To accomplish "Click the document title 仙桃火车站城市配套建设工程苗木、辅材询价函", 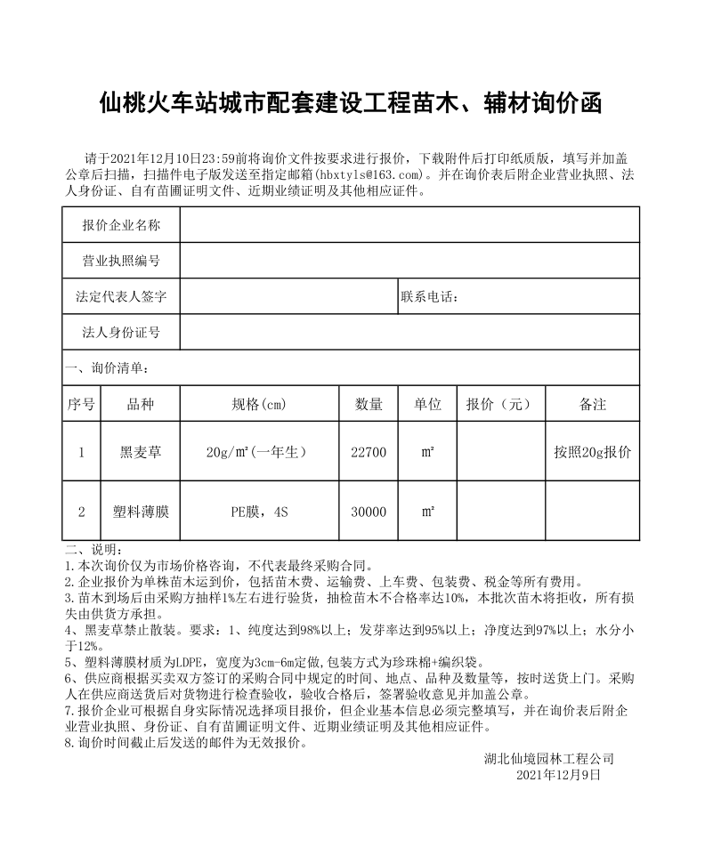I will [352, 104].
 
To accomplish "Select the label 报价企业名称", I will [121, 225].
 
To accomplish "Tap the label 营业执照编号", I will [121, 261].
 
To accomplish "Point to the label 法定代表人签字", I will [121, 296].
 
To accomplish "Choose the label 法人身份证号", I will [121, 332].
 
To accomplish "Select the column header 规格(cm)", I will [259, 404].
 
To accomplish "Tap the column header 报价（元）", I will [498, 404].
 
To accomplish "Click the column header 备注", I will [592, 404].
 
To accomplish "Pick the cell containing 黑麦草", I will [141, 452].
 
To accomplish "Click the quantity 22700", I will [369, 452].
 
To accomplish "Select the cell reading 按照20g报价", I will [592, 452].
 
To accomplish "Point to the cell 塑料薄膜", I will [141, 512].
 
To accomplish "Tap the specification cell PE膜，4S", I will [259, 512].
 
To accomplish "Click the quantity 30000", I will [369, 512].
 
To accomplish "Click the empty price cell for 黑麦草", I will [498, 452].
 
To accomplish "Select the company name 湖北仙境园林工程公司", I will [549, 759].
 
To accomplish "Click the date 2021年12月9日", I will [558, 775].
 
